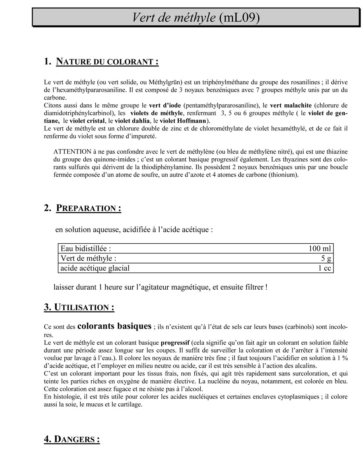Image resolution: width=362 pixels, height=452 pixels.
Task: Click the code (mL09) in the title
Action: (x=240, y=17)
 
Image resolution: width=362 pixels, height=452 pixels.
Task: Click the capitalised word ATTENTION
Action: (x=72, y=151)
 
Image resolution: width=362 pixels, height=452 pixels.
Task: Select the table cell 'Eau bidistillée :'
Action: (x=86, y=249)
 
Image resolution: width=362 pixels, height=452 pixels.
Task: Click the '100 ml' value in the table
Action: (x=320, y=249)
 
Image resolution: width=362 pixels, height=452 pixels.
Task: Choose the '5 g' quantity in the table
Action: (x=326, y=258)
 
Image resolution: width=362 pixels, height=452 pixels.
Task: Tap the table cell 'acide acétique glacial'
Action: (x=95, y=268)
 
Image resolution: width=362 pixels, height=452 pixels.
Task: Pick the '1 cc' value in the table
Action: (x=325, y=268)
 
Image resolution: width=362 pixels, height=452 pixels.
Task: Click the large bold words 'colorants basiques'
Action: (x=114, y=326)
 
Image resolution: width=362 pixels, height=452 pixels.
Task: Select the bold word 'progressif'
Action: (x=175, y=343)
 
